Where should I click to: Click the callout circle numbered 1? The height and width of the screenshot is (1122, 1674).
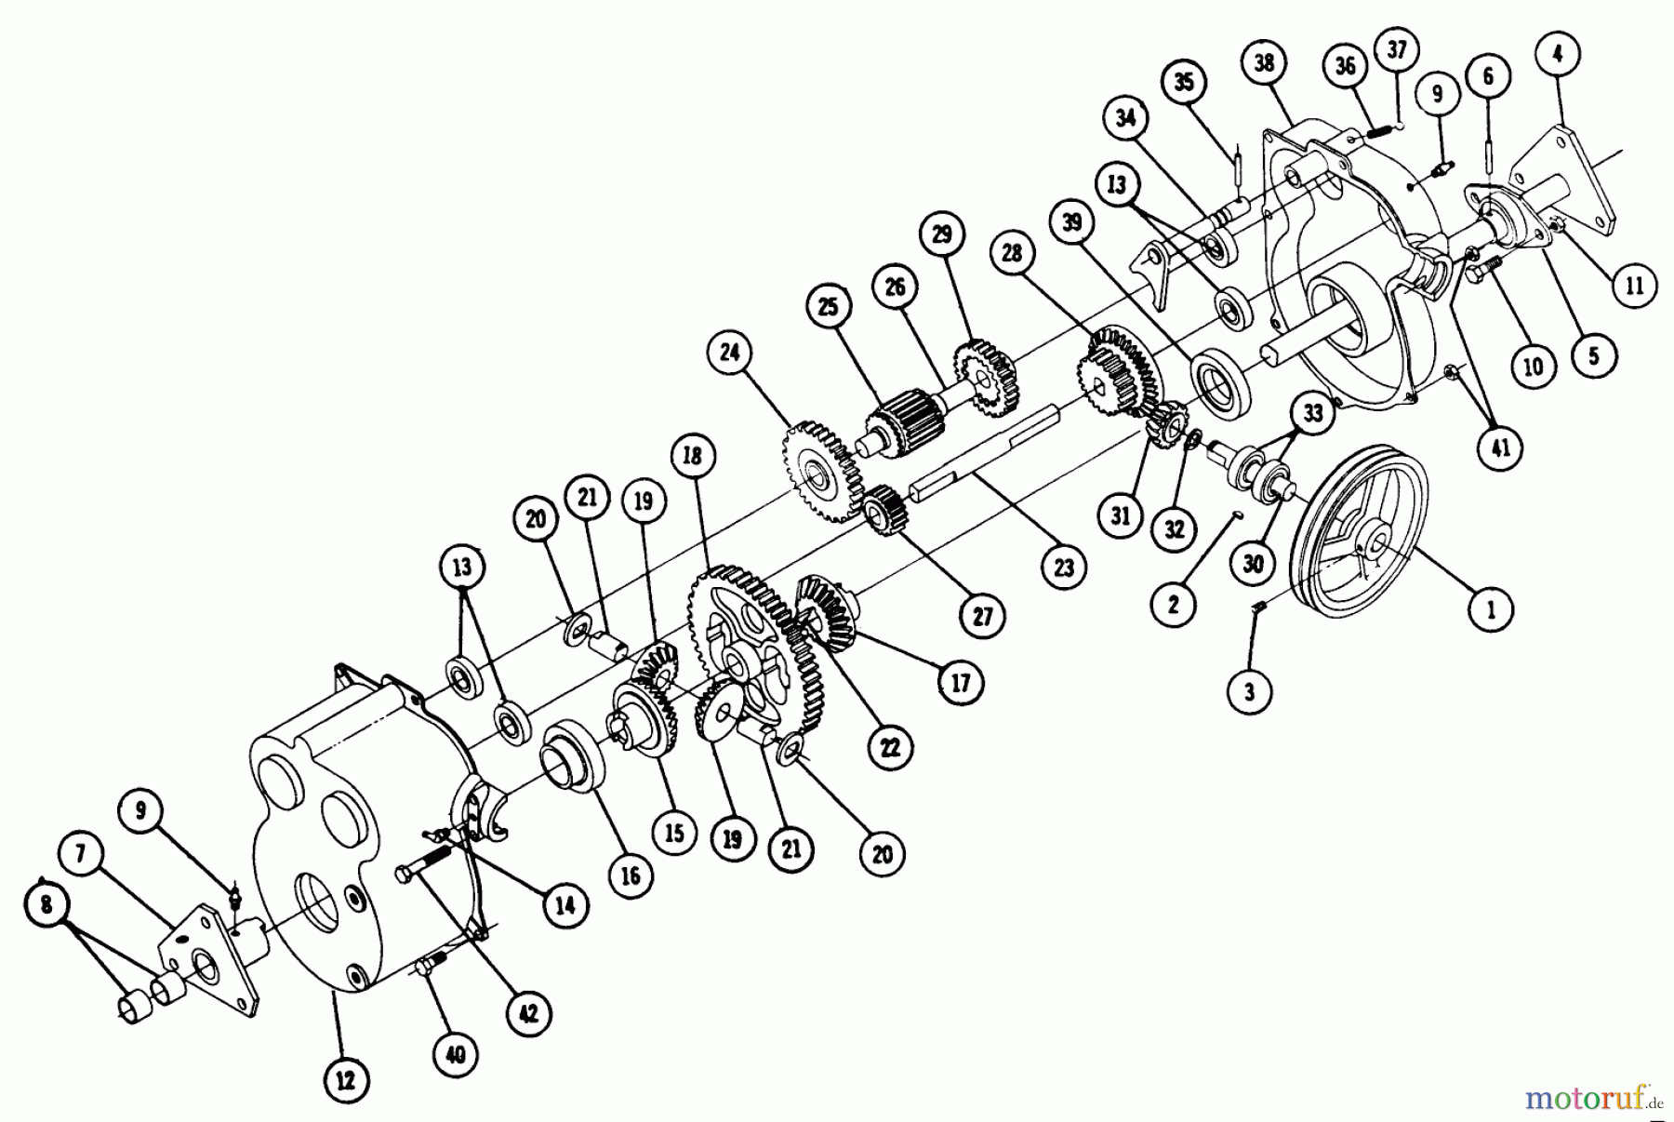(x=1492, y=609)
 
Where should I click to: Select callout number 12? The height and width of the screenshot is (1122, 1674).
(x=345, y=1081)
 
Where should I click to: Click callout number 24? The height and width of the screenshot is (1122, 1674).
(x=729, y=352)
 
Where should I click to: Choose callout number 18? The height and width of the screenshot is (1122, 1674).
(x=692, y=456)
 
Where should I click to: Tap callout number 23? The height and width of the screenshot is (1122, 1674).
(x=1063, y=567)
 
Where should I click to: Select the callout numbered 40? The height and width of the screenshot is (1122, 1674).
(x=456, y=1054)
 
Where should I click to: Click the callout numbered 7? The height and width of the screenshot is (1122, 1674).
(x=81, y=854)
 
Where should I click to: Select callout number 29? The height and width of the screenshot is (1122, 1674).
(x=942, y=234)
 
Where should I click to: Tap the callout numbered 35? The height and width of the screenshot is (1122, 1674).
(x=1183, y=82)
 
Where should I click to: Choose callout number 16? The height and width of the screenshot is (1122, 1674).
(x=631, y=875)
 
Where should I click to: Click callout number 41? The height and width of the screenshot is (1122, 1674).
(x=1500, y=447)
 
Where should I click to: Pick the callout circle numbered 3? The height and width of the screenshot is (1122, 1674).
(x=1249, y=691)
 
